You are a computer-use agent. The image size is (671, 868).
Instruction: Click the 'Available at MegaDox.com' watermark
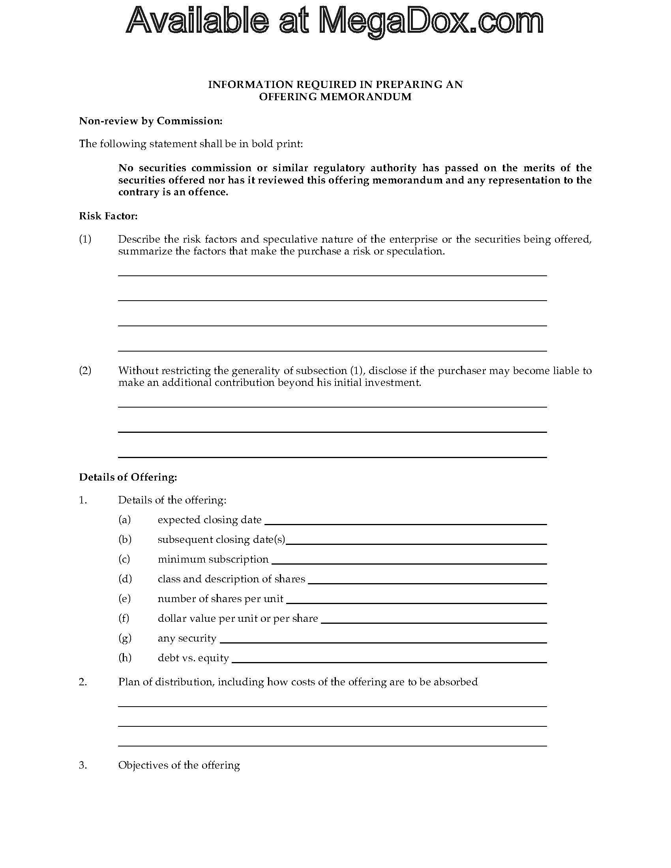click(x=335, y=21)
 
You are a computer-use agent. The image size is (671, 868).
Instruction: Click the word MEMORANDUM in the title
click(x=366, y=97)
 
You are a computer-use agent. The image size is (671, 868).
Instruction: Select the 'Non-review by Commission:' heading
click(x=151, y=121)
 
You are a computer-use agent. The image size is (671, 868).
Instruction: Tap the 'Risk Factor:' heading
click(x=108, y=216)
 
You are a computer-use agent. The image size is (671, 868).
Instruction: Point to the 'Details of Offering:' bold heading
click(x=128, y=477)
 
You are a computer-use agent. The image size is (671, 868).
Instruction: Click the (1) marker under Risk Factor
click(x=85, y=239)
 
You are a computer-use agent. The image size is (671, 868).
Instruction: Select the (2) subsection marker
click(x=85, y=370)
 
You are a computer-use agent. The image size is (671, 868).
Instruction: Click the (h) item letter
click(x=125, y=658)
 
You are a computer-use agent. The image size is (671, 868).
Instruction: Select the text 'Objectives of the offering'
click(x=179, y=765)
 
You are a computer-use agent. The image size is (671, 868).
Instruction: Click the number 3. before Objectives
click(x=82, y=765)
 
